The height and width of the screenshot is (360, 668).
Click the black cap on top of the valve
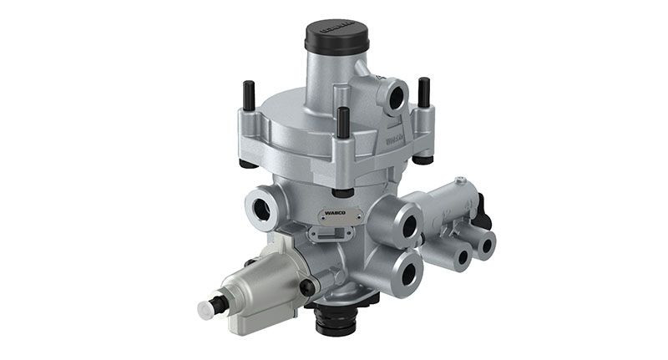point(337,37)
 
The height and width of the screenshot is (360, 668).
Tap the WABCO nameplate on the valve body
point(338,214)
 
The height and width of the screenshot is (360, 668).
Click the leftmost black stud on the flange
point(247,95)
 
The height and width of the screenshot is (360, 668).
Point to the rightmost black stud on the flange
point(424,91)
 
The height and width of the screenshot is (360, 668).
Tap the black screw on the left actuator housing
point(308,287)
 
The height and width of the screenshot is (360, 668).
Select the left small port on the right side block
point(460,255)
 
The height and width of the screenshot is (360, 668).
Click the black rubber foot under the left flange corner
point(249,161)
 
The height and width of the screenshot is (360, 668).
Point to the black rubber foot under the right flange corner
point(423,158)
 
